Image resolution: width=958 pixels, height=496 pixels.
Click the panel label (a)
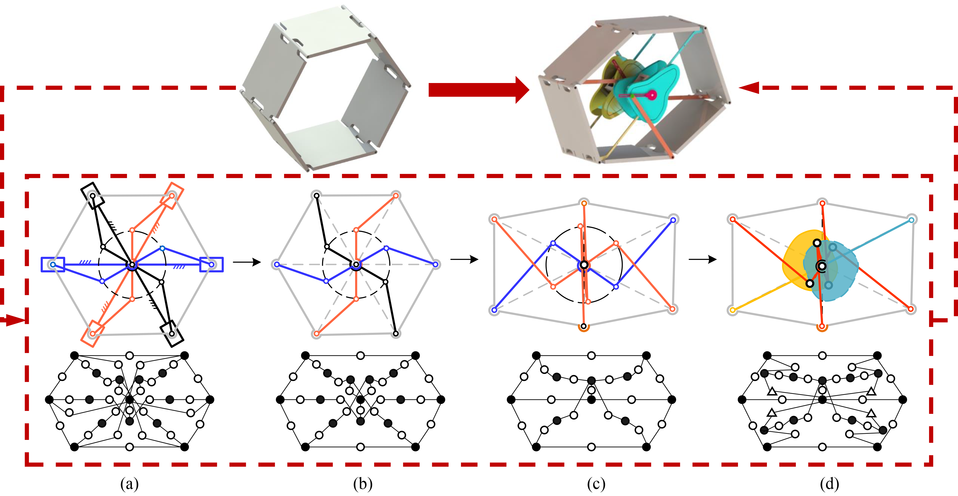[130, 484]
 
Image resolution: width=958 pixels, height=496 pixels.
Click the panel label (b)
[363, 484]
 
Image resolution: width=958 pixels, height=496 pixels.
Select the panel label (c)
[596, 484]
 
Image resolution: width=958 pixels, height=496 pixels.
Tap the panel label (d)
[829, 484]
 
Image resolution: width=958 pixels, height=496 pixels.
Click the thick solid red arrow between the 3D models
[479, 90]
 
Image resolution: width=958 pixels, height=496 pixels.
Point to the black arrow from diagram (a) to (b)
[247, 262]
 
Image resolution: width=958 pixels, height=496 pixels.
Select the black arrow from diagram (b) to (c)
[464, 259]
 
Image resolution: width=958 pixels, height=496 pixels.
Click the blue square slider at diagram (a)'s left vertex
[53, 264]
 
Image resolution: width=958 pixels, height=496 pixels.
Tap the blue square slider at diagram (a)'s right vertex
[212, 264]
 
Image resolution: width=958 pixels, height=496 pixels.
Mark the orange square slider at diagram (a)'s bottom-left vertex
[93, 334]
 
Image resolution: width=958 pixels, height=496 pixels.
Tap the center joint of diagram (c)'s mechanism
[584, 265]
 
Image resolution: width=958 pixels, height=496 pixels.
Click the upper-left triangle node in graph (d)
[772, 391]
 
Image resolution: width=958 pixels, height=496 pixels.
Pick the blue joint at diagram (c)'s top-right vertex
[673, 220]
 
